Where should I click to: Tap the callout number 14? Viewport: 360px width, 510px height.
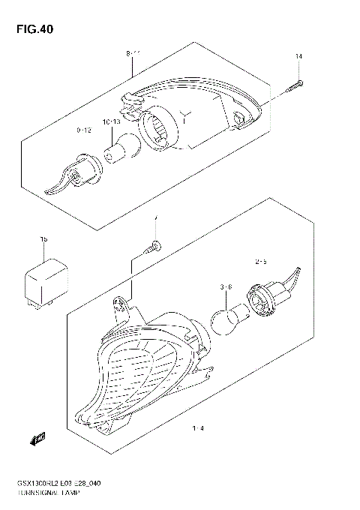[298, 58]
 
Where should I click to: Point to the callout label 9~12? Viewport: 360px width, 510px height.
[83, 130]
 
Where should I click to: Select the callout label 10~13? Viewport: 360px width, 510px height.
[112, 121]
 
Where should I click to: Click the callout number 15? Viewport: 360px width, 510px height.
[43, 239]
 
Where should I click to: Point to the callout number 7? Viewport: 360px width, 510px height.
[155, 220]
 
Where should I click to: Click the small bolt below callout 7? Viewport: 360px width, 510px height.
[153, 245]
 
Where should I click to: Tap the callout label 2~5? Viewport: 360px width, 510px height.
[262, 262]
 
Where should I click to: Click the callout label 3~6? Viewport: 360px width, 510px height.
[225, 286]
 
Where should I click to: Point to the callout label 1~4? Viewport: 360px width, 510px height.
[198, 429]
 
